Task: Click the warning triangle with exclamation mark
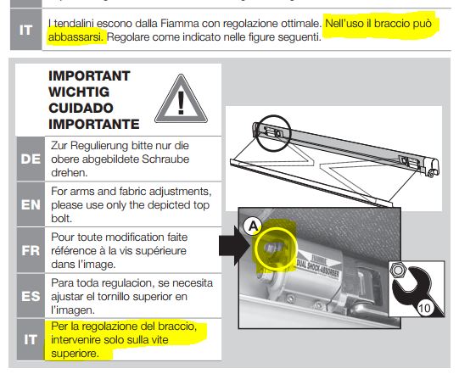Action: pos(181,100)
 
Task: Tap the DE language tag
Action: pos(31,159)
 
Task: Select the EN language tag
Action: pos(31,204)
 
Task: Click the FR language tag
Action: pos(31,250)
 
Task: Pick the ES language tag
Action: pos(31,296)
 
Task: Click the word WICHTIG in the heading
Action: pos(79,92)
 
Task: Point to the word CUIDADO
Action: pos(81,108)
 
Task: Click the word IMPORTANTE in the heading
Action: pos(94,124)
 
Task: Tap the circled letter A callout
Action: pos(253,226)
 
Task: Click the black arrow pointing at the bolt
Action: pos(234,246)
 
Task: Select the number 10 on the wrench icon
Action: pos(424,308)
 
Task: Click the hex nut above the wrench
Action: pos(398,270)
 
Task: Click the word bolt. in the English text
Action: pos(61,219)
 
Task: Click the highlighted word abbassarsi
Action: pos(76,37)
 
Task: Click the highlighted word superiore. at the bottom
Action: pos(75,354)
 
